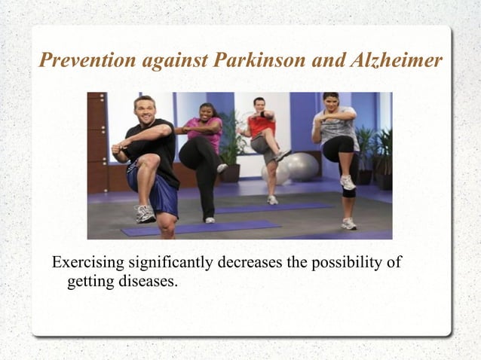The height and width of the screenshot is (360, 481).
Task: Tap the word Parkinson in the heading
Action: (250, 60)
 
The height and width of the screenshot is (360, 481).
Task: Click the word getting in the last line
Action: (87, 283)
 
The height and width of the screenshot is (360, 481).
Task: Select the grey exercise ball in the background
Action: (300, 166)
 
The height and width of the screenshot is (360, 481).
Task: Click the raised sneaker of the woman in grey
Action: (347, 182)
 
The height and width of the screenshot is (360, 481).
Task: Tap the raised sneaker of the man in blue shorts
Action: (145, 214)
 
